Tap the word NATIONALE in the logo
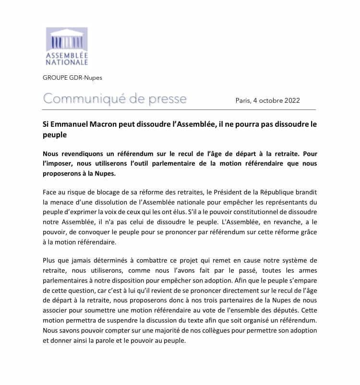67,62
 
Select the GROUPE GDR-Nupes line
72,77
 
